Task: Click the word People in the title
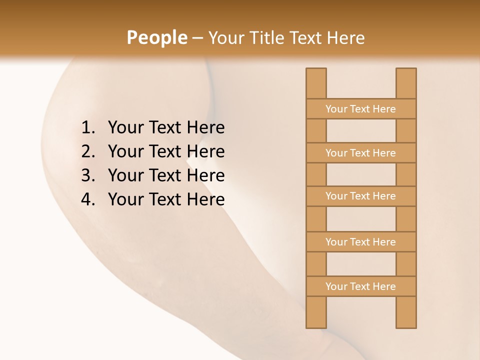point(156,38)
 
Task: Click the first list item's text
point(166,128)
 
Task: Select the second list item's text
point(166,152)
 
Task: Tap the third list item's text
point(166,176)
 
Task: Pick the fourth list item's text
point(166,200)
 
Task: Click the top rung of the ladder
point(360,109)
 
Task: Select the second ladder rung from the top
point(360,153)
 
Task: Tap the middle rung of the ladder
point(360,196)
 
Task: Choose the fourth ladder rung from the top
point(360,242)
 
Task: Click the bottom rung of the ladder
point(360,286)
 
